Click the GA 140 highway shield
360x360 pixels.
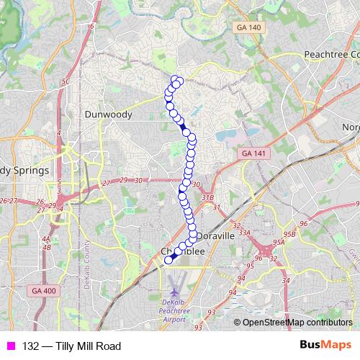point(248,27)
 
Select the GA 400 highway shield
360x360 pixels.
point(43,289)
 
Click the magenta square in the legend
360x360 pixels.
point(10,346)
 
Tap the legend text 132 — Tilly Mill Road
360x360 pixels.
point(71,346)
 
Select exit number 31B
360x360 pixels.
point(208,197)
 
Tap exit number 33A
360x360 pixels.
point(245,233)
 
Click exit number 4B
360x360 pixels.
point(47,247)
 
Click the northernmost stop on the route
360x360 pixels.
point(175,78)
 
